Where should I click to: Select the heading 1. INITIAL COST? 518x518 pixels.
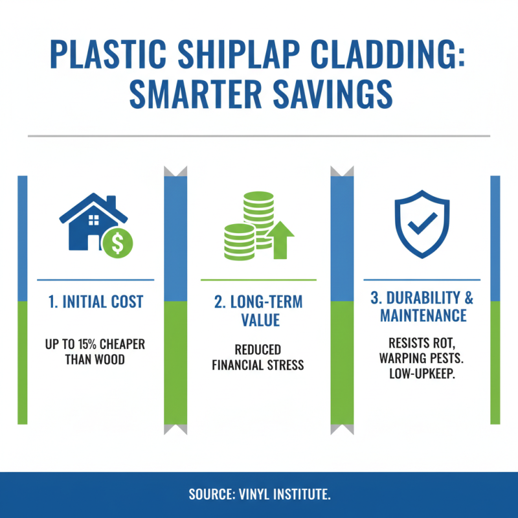pyautogui.click(x=96, y=302)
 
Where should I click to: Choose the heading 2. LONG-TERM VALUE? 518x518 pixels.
pyautogui.click(x=258, y=311)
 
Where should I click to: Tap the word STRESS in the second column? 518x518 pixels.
pyautogui.click(x=285, y=365)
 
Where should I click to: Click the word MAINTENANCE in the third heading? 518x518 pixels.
pyautogui.click(x=423, y=316)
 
